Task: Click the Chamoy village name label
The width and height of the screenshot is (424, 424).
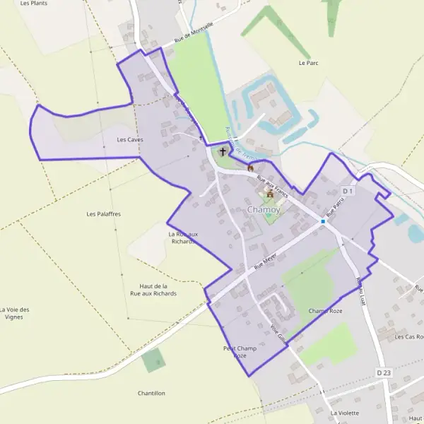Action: (264, 211)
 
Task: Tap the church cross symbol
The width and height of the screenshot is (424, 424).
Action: (223, 151)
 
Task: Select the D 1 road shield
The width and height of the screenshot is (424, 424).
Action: (347, 192)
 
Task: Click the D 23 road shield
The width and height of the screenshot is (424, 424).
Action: (384, 372)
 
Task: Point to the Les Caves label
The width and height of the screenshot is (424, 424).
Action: (130, 140)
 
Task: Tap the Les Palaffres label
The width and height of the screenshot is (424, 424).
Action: (104, 213)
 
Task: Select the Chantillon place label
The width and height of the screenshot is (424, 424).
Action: (151, 393)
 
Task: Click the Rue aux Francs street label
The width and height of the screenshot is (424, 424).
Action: (273, 186)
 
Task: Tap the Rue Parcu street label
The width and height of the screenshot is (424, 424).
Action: (335, 206)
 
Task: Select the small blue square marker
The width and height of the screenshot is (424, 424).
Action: (323, 221)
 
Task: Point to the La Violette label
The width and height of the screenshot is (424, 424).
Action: (345, 413)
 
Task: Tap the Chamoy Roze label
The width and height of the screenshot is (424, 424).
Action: (325, 311)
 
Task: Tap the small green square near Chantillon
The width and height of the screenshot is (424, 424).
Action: (151, 361)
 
